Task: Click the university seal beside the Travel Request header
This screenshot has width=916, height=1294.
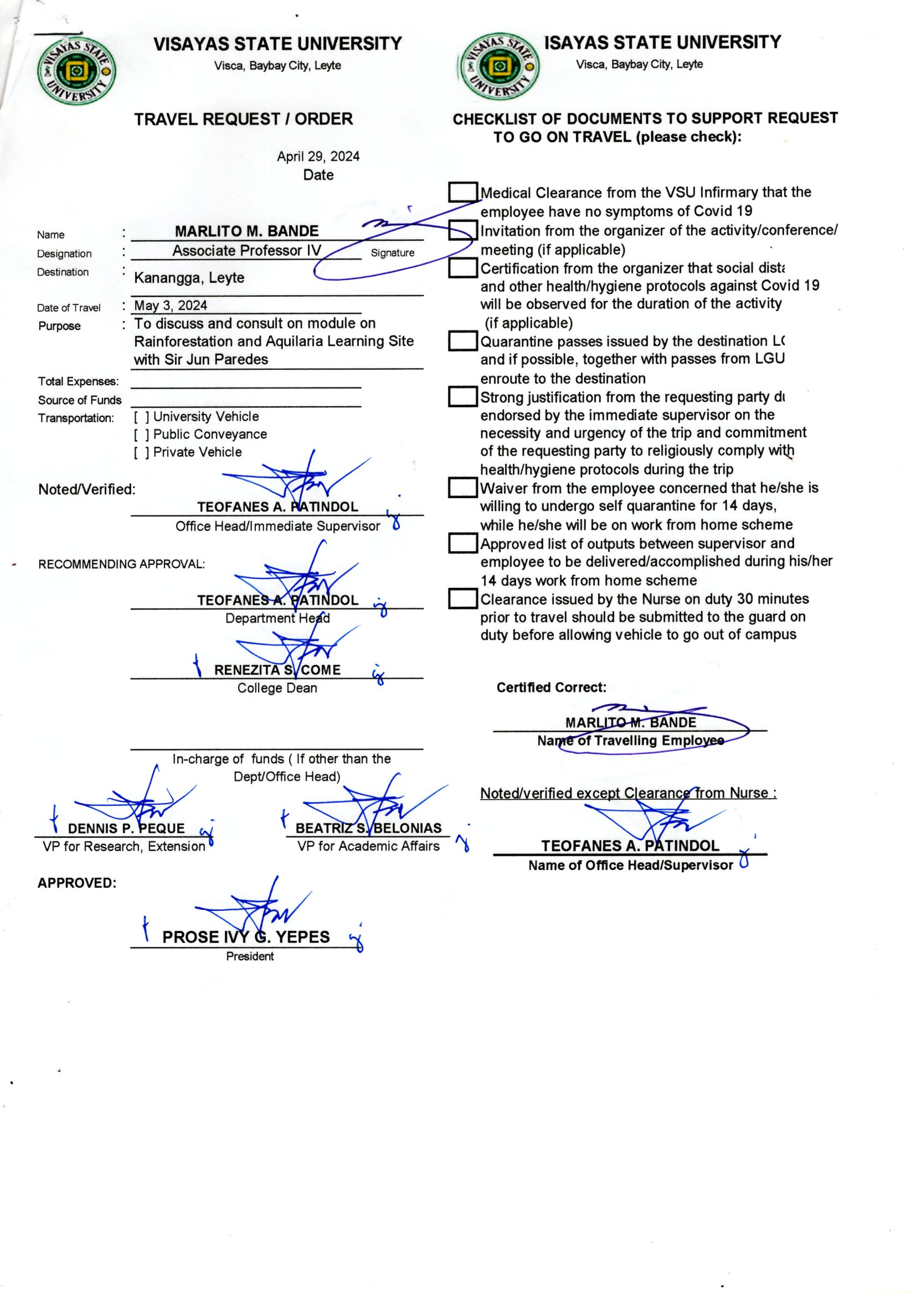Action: coord(77,71)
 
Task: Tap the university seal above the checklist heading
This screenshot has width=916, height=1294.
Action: coord(498,66)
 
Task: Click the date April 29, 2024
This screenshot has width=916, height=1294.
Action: coord(318,157)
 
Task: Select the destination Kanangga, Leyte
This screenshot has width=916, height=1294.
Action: coord(189,278)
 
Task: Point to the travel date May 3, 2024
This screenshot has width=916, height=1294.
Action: coord(171,306)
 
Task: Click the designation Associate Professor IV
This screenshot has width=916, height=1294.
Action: coord(246,251)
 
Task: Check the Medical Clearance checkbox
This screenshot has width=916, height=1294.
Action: coord(463,192)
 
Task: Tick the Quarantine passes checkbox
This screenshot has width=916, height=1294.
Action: coord(463,341)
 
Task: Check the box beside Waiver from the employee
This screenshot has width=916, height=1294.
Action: coord(463,488)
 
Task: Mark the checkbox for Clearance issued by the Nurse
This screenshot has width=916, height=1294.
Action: coord(463,598)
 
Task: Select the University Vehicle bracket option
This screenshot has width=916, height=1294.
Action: coord(142,417)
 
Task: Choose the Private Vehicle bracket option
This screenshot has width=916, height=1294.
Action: coord(142,453)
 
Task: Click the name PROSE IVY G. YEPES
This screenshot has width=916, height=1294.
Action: coord(246,937)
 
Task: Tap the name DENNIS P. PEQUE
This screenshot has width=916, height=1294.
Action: coord(126,829)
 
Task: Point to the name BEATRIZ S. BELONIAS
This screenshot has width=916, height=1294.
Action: coord(369,828)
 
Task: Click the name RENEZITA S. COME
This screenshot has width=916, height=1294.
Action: coord(277,670)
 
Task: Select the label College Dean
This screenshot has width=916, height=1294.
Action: coord(277,688)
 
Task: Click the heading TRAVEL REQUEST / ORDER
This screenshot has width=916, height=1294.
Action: coord(244,120)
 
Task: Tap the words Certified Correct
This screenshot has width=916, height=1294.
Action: coord(551,687)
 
